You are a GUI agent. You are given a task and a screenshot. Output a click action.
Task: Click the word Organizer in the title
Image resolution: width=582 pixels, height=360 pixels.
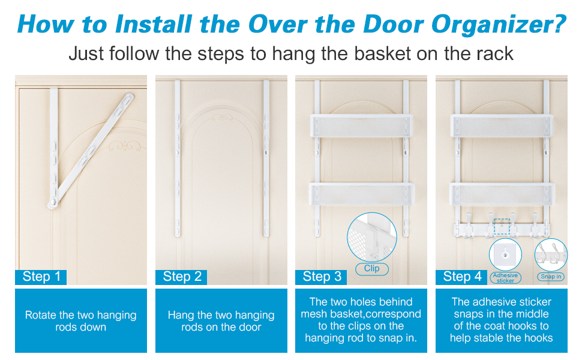[x=499, y=25]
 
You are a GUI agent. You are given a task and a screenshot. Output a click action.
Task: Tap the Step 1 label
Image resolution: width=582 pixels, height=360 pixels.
[x=41, y=277]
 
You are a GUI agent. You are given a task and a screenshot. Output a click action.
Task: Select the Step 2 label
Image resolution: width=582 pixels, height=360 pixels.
[x=181, y=277]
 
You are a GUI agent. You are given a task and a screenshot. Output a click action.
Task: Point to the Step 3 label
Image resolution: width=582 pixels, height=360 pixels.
[x=321, y=277]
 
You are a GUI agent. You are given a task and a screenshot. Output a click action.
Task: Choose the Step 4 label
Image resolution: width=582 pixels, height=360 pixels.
[x=461, y=277]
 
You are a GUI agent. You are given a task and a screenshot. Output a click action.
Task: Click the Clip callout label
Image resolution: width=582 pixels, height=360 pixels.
[x=372, y=269]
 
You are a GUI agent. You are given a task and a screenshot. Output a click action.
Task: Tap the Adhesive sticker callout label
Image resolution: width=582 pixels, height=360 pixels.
[x=506, y=278]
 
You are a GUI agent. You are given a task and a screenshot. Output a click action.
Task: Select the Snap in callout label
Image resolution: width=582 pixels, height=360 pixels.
[x=551, y=277]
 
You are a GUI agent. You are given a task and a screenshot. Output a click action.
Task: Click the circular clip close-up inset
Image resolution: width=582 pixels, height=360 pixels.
[x=372, y=237]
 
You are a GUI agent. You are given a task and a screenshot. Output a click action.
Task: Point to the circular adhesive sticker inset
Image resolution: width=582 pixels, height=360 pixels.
[x=505, y=254]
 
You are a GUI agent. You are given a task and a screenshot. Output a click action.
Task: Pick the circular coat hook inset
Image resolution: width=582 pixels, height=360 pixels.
[x=551, y=255]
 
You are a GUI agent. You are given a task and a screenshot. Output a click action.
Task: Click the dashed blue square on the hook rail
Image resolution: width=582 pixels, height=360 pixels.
[x=502, y=226]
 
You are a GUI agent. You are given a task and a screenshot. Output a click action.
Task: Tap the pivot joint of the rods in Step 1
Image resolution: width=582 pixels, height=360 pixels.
[x=53, y=203]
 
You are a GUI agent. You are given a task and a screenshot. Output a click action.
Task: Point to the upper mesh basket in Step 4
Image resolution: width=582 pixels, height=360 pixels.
[x=502, y=126]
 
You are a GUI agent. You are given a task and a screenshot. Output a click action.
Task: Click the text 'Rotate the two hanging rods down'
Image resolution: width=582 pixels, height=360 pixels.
[x=81, y=321]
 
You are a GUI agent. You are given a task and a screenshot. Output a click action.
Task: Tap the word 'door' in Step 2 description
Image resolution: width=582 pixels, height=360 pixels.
[x=251, y=328]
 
